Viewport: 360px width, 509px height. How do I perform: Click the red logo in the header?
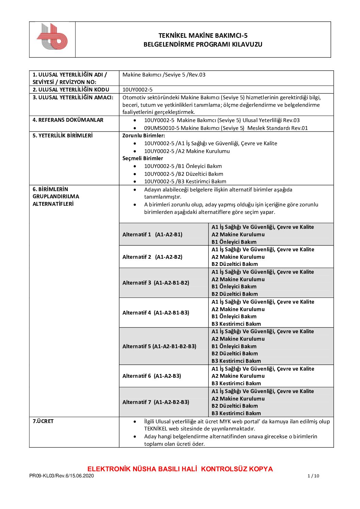[52, 37]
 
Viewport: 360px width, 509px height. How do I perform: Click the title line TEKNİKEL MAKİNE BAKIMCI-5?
[203, 35]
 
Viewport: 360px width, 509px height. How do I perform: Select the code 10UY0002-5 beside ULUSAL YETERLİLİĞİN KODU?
[137, 90]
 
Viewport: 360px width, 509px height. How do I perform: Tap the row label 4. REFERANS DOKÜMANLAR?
[68, 120]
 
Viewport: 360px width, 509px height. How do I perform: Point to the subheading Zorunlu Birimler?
[144, 135]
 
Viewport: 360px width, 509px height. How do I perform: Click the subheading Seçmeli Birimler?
[143, 158]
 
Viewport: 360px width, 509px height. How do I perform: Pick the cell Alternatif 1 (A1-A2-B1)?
[152, 235]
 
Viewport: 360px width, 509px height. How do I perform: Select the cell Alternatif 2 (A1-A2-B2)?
[152, 257]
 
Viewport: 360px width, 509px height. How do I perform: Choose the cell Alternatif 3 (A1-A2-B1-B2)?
[156, 283]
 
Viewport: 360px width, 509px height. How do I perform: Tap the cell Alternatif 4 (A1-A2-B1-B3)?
[156, 313]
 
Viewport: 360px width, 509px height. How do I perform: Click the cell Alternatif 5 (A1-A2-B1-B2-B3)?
[159, 346]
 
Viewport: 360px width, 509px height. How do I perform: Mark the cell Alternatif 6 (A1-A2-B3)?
[152, 376]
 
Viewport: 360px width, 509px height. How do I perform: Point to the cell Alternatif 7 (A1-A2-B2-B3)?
[156, 402]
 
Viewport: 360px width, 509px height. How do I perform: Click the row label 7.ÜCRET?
[43, 421]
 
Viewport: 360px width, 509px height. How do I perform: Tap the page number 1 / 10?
[313, 476]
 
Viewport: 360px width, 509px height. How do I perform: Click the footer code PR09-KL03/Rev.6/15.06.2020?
[62, 476]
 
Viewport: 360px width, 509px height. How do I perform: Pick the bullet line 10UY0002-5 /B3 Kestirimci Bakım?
[185, 182]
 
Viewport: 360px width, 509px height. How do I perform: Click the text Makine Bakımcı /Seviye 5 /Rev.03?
[164, 75]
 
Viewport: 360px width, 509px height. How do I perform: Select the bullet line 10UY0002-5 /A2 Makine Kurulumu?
[187, 151]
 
